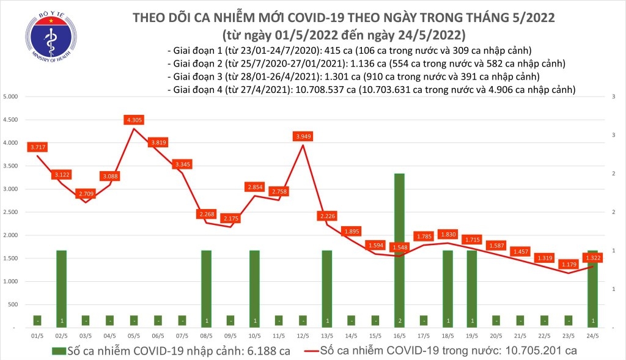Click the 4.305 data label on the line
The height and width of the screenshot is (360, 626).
[x=134, y=120]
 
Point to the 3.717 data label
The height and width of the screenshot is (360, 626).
[x=37, y=147]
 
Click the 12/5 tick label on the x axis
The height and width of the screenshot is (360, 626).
[x=303, y=337]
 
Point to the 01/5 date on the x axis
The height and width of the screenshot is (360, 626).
[x=37, y=337]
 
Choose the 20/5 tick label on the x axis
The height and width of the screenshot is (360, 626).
[x=496, y=337]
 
